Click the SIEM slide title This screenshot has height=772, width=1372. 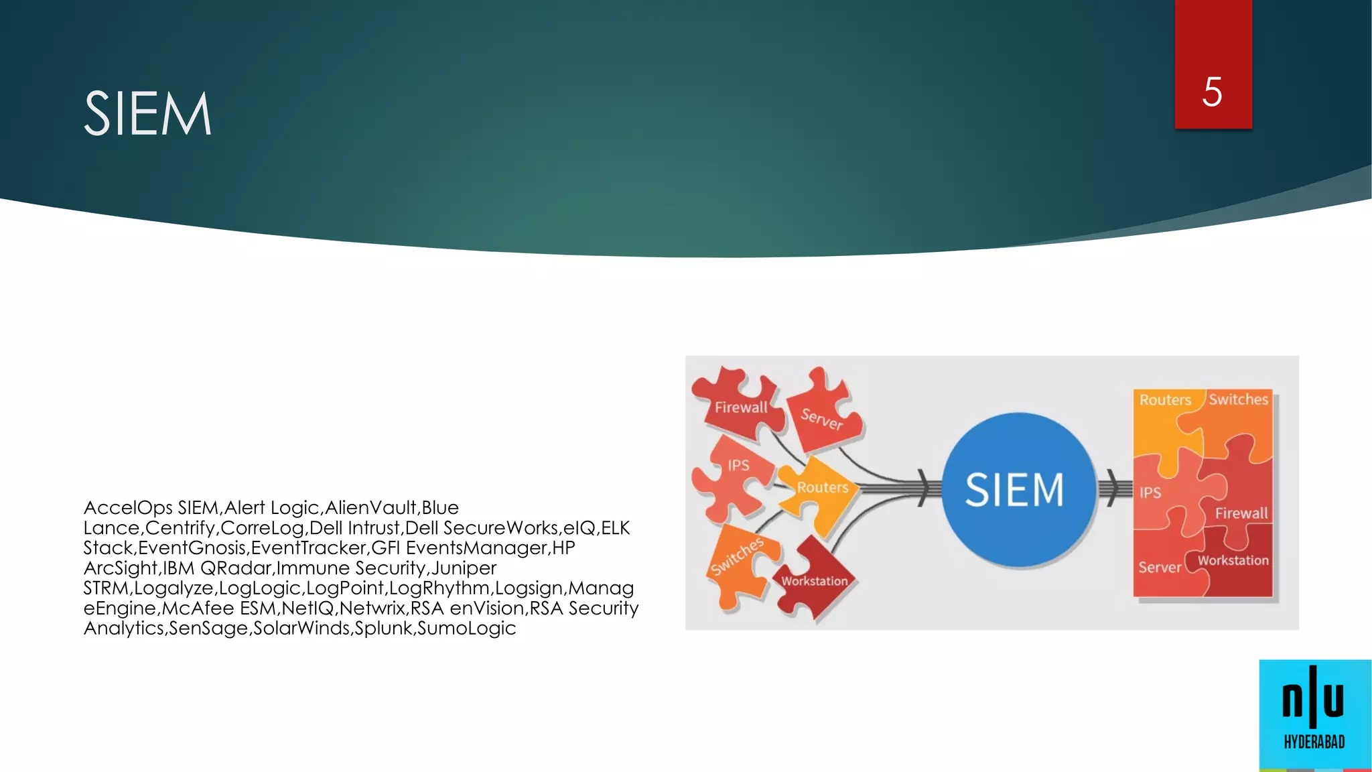[147, 114]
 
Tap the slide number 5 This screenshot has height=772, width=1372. [1212, 92]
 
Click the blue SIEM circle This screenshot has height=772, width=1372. [1015, 490]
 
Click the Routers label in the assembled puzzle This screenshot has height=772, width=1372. [1165, 400]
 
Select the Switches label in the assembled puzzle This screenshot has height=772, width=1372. [1238, 399]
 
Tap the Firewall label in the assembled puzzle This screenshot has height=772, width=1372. [1241, 513]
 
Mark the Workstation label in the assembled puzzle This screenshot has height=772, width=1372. [1233, 560]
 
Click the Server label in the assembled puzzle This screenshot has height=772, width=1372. [1160, 568]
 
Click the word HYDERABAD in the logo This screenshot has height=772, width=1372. [1314, 742]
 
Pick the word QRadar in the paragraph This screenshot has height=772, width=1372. [236, 568]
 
